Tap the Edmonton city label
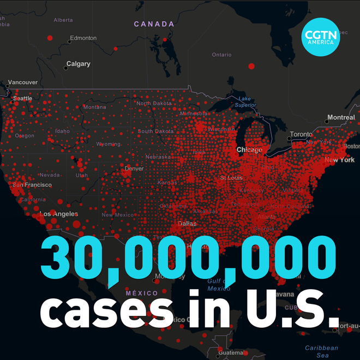click(83, 38)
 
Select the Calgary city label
click(78, 64)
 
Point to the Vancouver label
click(23, 82)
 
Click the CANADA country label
click(154, 24)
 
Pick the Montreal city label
click(340, 118)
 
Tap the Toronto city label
click(301, 134)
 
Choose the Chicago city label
click(249, 149)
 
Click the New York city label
click(339, 160)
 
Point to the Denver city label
click(134, 169)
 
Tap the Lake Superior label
click(245, 101)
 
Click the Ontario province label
click(221, 55)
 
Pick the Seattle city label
click(22, 99)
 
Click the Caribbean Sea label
click(321, 351)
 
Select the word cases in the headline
click(104, 311)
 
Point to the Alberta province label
click(63, 20)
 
